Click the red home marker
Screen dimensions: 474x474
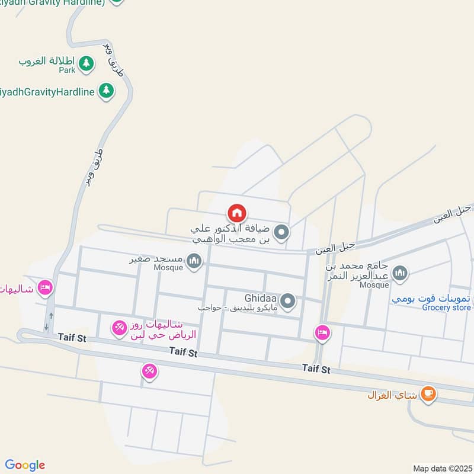[x=237, y=213]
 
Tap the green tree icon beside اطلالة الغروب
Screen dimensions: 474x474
[x=87, y=62]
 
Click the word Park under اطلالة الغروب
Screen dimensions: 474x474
[x=67, y=70]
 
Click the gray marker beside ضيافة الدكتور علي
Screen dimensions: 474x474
[x=282, y=232]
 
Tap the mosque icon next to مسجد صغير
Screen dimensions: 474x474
[x=194, y=261]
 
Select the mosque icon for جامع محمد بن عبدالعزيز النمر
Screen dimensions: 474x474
[x=401, y=273]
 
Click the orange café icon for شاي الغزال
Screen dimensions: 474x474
[x=428, y=393]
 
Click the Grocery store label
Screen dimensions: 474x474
[x=446, y=308]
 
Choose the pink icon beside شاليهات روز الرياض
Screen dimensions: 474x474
[x=120, y=327]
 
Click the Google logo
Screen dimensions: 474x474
[x=25, y=465]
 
